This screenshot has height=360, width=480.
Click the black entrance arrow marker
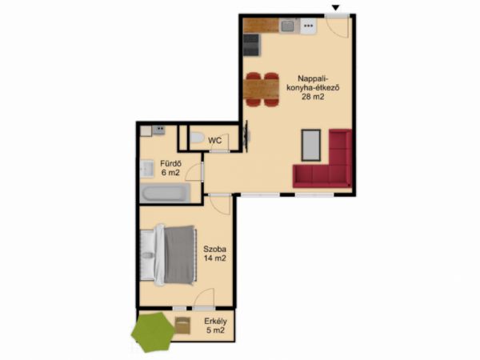click(x=336, y=8)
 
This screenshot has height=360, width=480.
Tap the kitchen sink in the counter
click(x=287, y=26)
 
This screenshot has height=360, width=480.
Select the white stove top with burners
click(x=308, y=26)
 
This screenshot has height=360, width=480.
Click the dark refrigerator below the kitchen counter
click(x=251, y=45)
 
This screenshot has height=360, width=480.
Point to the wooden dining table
click(x=262, y=89)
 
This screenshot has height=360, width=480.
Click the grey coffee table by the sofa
click(x=311, y=145)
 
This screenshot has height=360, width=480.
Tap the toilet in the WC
click(x=197, y=138)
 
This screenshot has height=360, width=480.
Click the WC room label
click(x=215, y=141)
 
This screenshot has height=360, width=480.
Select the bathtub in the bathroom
click(x=166, y=193)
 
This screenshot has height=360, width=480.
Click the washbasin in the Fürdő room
click(x=147, y=169)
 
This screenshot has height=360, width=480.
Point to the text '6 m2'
click(x=170, y=173)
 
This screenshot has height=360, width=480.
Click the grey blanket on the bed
click(x=179, y=254)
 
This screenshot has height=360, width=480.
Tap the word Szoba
click(x=214, y=249)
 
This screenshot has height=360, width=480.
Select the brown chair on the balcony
click(x=182, y=326)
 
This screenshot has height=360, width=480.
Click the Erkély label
click(x=215, y=322)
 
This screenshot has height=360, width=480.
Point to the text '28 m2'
click(x=313, y=97)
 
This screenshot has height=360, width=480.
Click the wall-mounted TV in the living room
click(x=246, y=136)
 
